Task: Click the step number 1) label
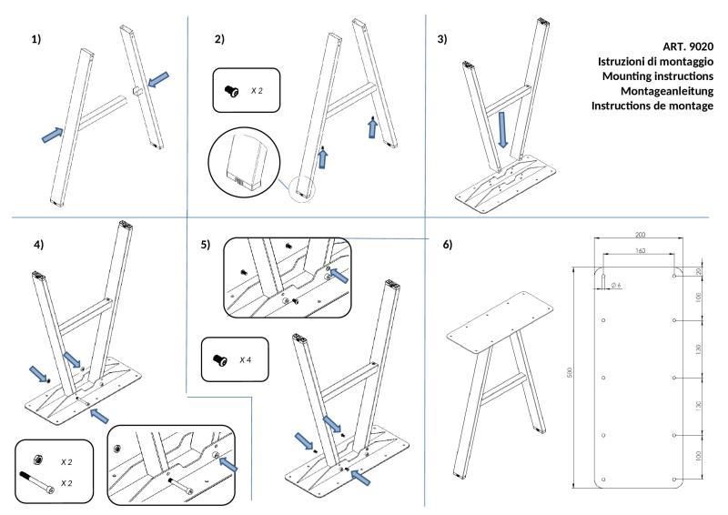36,39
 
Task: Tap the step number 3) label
442,39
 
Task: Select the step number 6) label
447,245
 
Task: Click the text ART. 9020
688,46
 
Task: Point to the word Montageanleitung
667,91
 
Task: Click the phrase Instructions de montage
652,106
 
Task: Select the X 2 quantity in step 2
257,91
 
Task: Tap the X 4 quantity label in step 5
245,360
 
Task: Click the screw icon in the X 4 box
219,360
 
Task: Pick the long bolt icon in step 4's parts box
36,482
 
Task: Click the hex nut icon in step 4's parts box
36,460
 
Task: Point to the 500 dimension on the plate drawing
571,372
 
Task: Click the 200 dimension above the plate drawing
640,235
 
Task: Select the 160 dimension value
640,251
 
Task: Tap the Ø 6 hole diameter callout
616,285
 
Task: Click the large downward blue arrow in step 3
502,129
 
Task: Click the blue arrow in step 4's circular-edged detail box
228,464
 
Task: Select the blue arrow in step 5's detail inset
339,276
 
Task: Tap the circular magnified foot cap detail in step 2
244,161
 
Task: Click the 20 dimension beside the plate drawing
699,271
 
